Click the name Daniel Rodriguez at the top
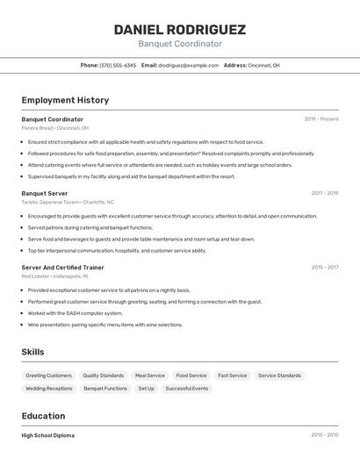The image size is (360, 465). coord(179,29)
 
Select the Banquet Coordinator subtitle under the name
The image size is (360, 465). coord(179,44)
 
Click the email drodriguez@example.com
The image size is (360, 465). coord(188,65)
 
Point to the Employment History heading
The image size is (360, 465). coord(65,100)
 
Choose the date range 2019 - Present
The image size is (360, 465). coord(321,119)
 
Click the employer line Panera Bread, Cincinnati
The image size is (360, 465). coord(54,128)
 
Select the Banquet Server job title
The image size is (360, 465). coord(45,193)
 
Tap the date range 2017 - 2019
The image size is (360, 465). coord(324,193)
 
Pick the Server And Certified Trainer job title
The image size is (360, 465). coord(62,267)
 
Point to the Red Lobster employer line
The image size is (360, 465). coord(55,275)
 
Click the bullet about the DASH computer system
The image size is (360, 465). coord(76,313)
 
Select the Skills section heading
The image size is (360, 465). coord(32,352)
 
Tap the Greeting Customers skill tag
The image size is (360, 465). coord(49,376)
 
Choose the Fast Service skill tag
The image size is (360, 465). coord(233,376)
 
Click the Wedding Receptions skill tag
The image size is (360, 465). coord(49,388)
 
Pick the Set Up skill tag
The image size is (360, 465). coord(146,388)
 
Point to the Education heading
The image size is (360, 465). coord(43,416)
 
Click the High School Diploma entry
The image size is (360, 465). coord(48,435)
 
